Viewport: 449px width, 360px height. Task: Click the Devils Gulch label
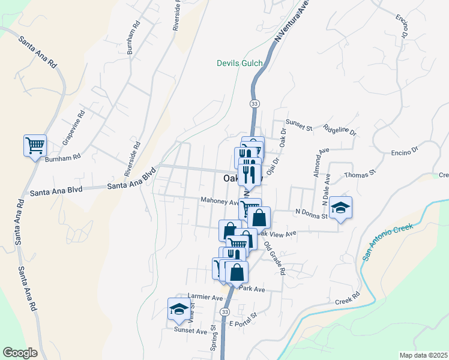click(x=240, y=62)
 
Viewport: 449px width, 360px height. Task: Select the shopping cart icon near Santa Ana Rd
click(x=35, y=145)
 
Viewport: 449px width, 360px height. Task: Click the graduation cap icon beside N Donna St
click(x=341, y=208)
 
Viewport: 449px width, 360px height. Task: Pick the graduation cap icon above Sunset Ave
click(x=178, y=309)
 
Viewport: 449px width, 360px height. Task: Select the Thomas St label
click(x=360, y=174)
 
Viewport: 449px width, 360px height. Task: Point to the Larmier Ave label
click(x=205, y=296)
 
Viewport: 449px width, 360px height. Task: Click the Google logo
click(x=20, y=352)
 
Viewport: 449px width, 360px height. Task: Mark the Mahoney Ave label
click(x=220, y=202)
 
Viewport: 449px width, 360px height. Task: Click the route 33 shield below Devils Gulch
click(x=254, y=104)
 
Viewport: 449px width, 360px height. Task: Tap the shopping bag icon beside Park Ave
click(x=238, y=271)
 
